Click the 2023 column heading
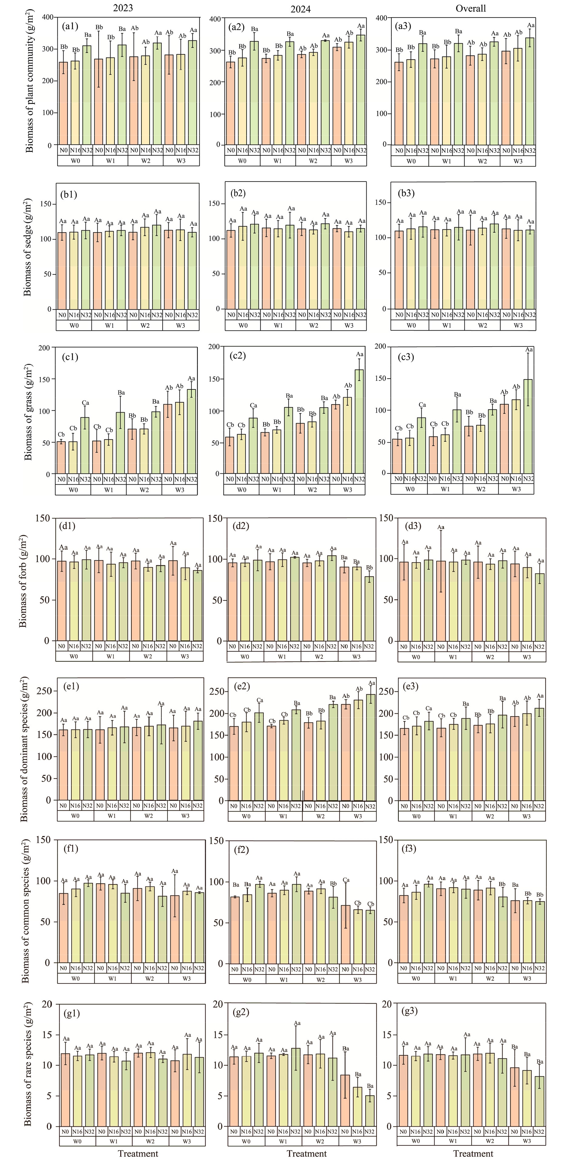click(x=123, y=8)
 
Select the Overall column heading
click(x=471, y=8)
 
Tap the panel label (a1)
click(x=70, y=26)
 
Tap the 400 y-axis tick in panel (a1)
click(x=47, y=17)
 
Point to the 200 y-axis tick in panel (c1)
click(x=44, y=348)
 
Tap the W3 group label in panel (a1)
click(x=181, y=161)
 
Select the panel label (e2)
click(x=241, y=686)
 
